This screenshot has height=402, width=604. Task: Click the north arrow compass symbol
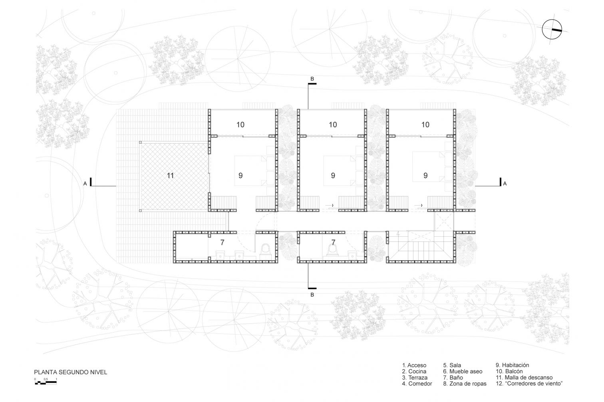(552, 30)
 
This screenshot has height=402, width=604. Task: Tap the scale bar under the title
(46, 382)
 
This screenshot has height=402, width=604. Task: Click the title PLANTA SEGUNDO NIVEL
(70, 372)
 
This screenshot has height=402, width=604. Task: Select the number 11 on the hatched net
(170, 176)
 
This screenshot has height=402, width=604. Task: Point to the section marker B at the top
(312, 79)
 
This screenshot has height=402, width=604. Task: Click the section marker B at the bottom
(312, 295)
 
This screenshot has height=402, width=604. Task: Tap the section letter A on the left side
(85, 184)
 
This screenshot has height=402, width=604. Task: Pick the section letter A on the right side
(505, 184)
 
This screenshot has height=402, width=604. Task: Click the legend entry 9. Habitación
(512, 365)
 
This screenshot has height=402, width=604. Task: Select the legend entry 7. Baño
(453, 378)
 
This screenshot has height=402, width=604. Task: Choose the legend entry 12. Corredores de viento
(529, 383)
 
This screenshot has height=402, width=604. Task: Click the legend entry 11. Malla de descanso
(524, 378)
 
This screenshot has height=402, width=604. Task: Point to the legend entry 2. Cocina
(414, 371)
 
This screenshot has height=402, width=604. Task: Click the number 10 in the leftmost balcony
(240, 125)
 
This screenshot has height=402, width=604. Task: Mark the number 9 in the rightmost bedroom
(425, 176)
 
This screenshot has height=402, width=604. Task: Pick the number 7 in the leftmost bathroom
(222, 242)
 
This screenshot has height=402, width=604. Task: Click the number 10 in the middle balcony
(333, 125)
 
